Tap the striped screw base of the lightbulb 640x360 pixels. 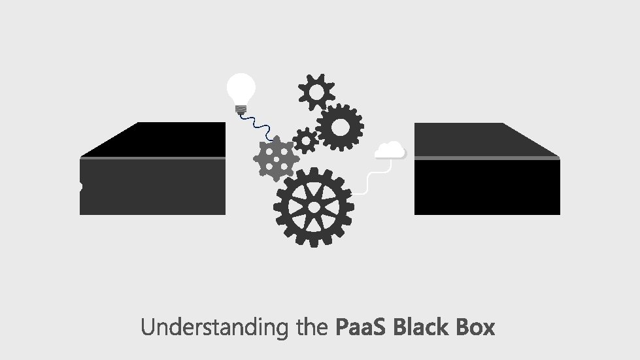click(241, 108)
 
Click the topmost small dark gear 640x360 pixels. click(316, 91)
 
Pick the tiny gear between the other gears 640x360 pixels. click(305, 140)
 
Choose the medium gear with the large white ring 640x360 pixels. click(340, 127)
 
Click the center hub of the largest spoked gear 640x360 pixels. click(314, 206)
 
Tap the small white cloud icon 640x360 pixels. click(390, 151)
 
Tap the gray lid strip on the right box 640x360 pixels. click(487, 158)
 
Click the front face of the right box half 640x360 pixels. click(487, 188)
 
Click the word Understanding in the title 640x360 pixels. click(214, 327)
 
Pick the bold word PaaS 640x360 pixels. click(362, 327)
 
